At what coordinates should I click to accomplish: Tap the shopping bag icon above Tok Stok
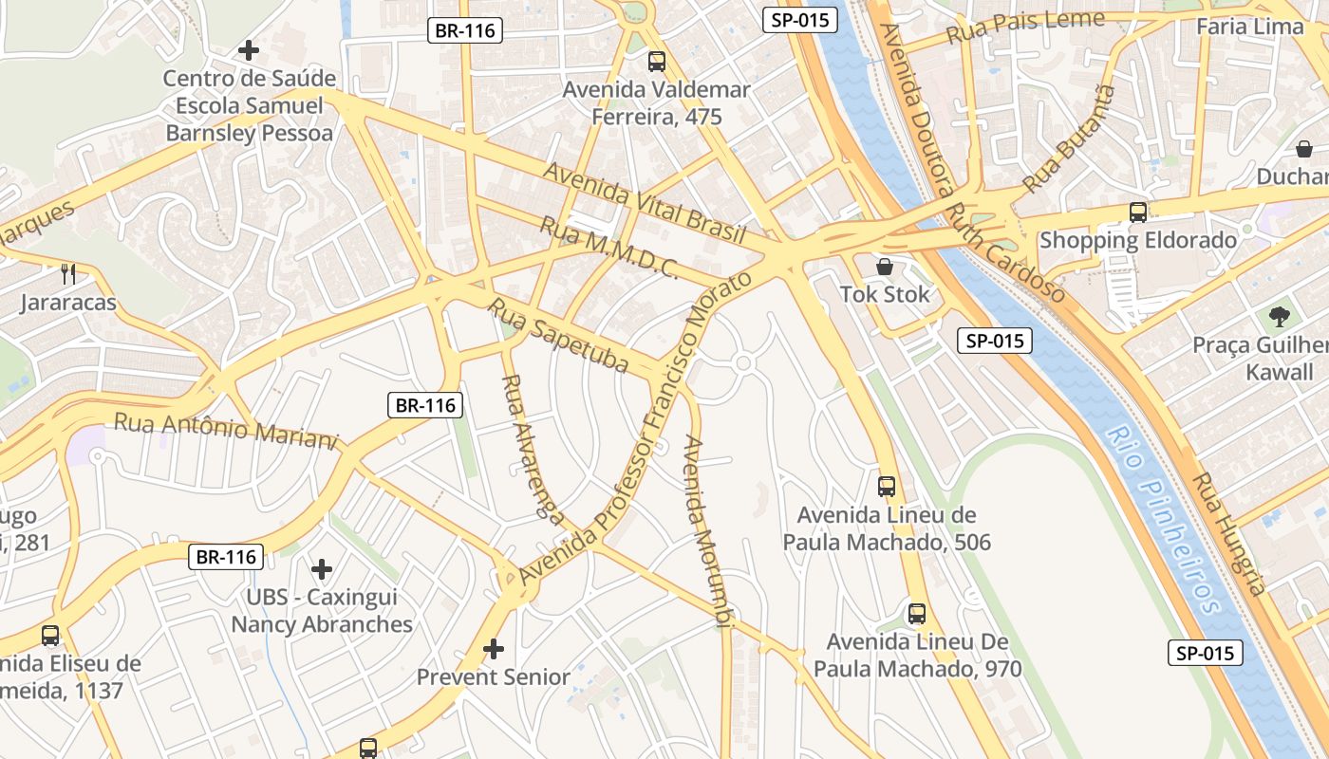[885, 268]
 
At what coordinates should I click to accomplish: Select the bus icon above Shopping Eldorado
[1137, 213]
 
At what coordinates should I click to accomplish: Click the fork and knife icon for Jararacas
[67, 275]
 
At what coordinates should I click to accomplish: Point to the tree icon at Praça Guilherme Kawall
[1279, 317]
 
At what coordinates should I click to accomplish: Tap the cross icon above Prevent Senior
[493, 649]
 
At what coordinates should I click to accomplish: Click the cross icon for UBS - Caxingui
[322, 569]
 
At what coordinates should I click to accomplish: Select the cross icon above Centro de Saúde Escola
[249, 49]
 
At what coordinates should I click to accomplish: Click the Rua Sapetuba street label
[559, 335]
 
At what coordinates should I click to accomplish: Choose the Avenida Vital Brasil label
[644, 203]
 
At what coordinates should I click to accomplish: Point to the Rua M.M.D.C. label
[608, 248]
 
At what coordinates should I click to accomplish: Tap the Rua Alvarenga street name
[532, 447]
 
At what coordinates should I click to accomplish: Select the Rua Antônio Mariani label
[226, 430]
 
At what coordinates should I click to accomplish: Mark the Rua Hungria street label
[1230, 533]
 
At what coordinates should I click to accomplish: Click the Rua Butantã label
[1069, 139]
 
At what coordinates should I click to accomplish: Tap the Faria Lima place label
[1249, 27]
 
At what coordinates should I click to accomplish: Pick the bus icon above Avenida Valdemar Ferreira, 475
[656, 62]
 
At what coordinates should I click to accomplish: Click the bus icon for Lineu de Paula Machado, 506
[886, 487]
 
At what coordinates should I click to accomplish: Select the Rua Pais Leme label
[1026, 28]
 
